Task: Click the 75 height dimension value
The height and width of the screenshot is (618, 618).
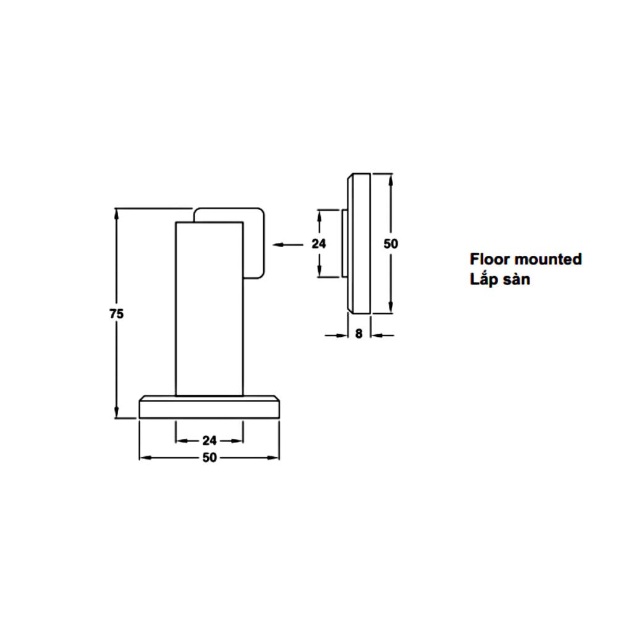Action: click(117, 314)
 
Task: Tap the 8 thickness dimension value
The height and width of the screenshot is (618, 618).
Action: click(358, 334)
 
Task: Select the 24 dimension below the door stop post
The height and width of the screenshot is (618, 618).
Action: click(210, 440)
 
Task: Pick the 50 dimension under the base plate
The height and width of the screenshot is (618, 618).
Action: click(210, 457)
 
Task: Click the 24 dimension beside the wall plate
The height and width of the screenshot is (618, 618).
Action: click(319, 244)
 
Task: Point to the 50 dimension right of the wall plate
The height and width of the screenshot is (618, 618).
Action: click(391, 244)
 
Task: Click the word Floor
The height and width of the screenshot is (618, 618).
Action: click(490, 259)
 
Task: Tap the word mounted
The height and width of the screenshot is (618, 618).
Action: click(549, 259)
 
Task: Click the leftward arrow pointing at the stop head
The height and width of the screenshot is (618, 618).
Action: click(288, 245)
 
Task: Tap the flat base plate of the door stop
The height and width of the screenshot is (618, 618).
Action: click(210, 407)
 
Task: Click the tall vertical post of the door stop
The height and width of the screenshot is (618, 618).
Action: click(210, 308)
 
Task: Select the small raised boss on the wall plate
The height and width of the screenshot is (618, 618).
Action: click(345, 243)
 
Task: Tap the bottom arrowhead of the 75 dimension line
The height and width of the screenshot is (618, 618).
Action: click(116, 412)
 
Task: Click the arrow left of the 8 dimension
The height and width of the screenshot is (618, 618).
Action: click(336, 336)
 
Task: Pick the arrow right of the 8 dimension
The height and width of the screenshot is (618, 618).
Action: click(383, 336)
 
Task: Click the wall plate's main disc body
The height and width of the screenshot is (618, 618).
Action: click(359, 243)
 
